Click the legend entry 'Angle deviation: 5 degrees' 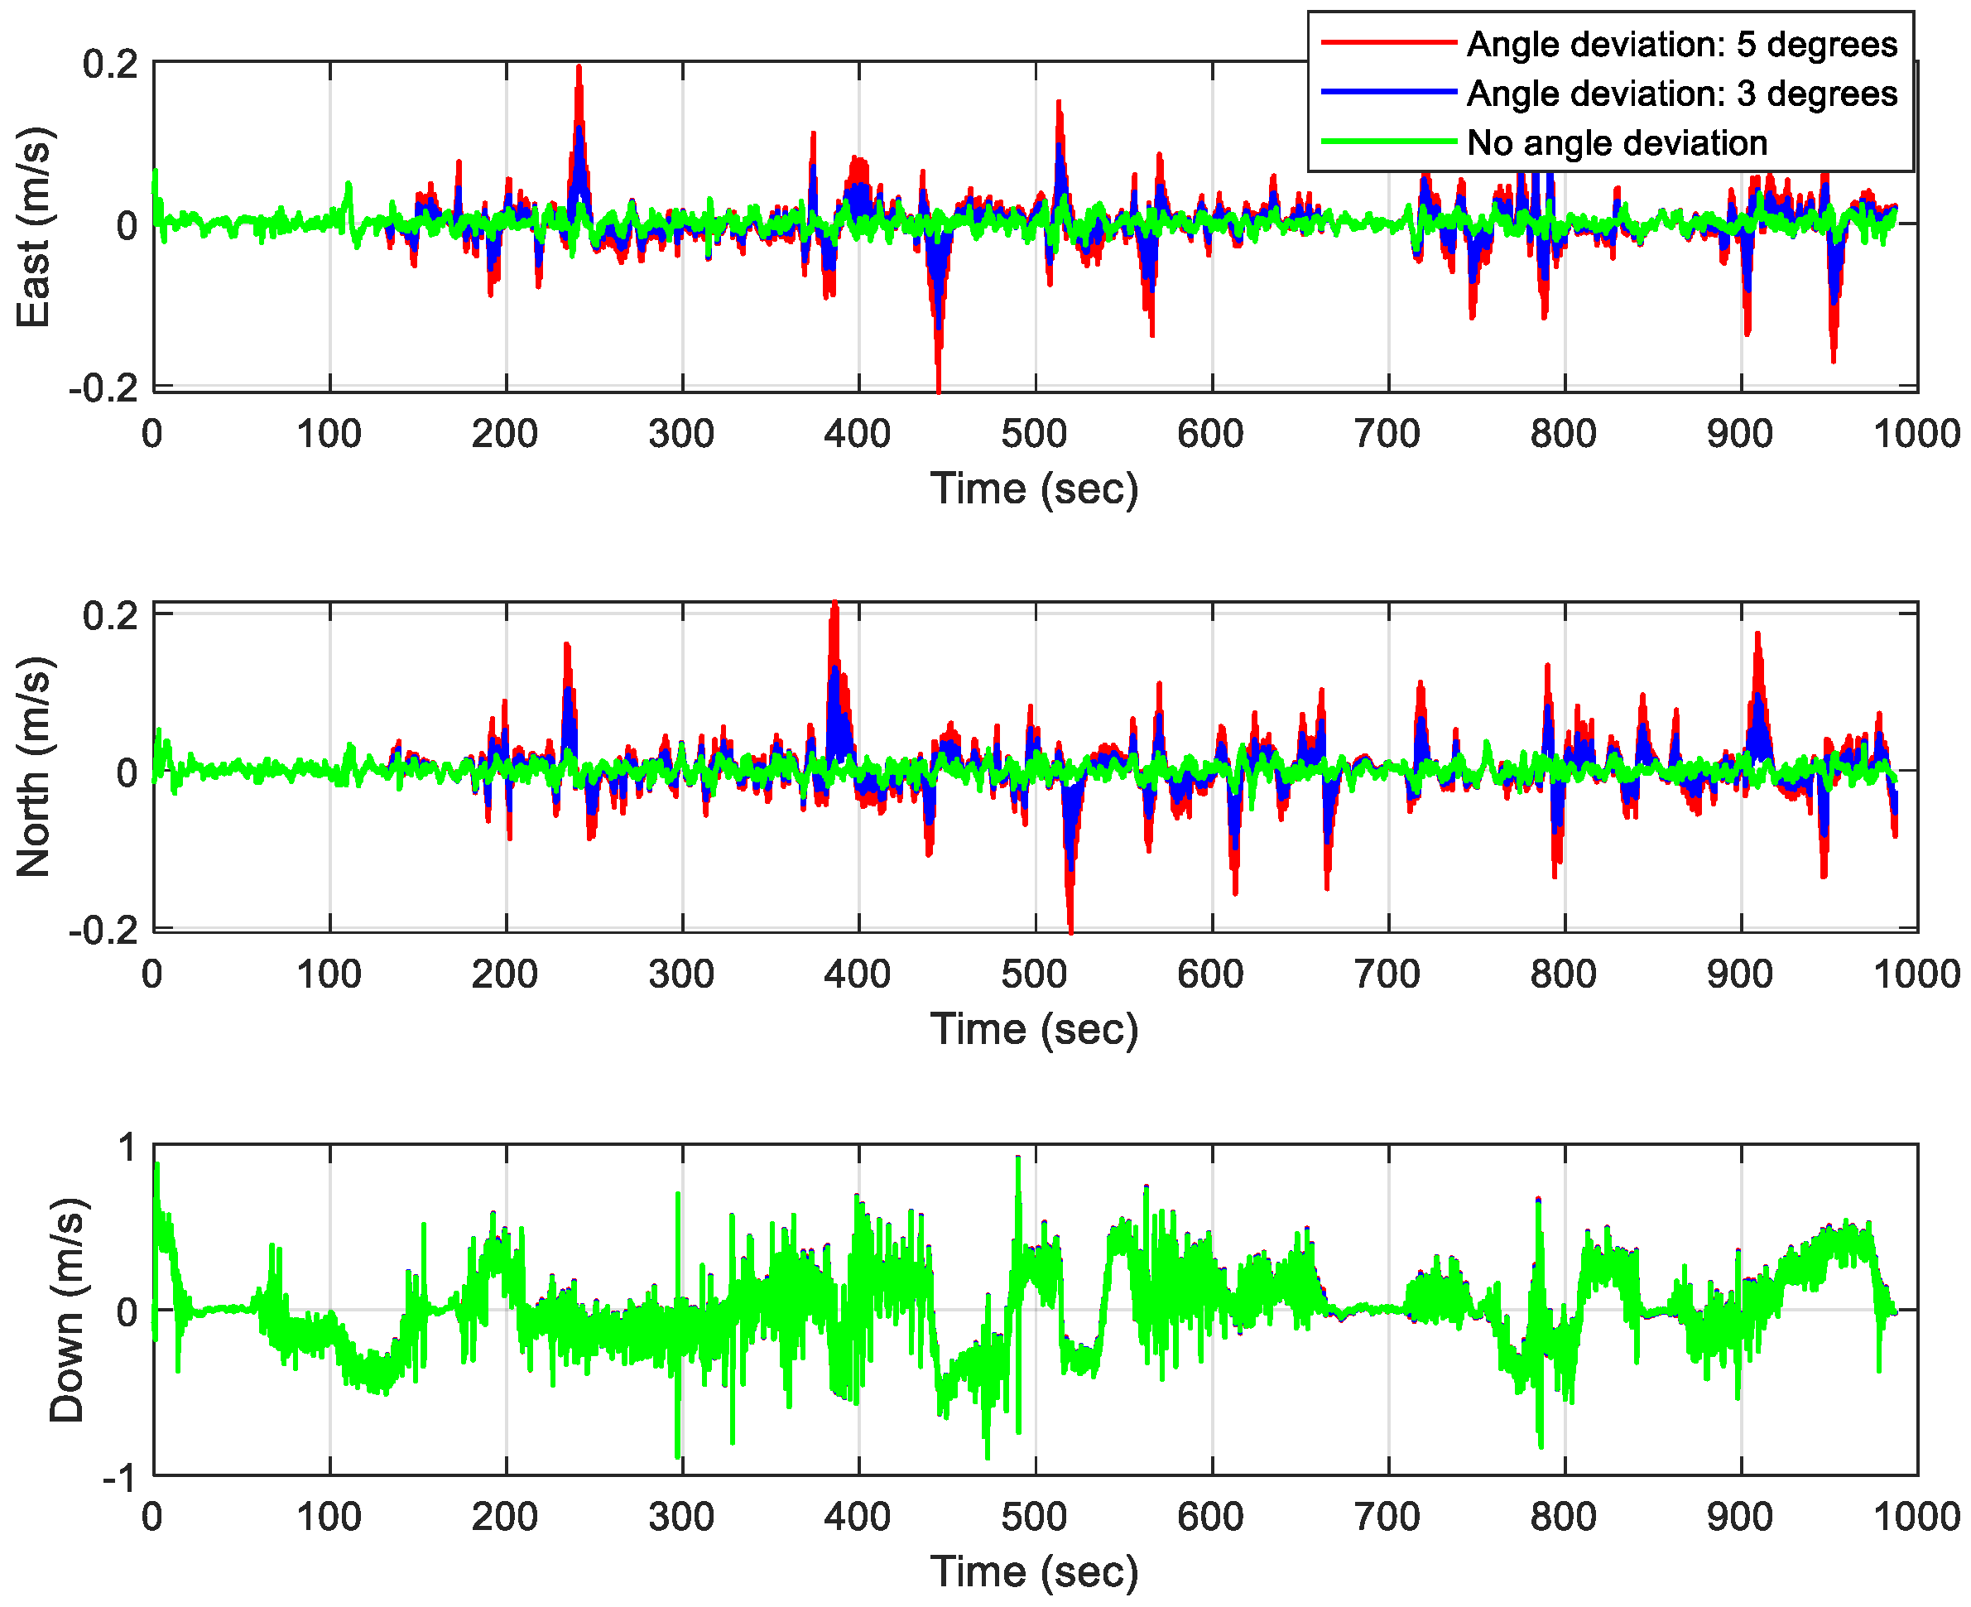[1680, 45]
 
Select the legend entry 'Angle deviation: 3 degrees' [1680, 94]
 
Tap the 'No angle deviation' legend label [1616, 142]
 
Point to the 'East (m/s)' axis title [33, 227]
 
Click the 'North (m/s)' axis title [33, 767]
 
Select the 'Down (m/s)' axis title [66, 1310]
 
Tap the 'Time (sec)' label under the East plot [1034, 488]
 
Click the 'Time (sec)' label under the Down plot [1034, 1571]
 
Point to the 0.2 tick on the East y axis [110, 64]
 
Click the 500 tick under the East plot [1034, 433]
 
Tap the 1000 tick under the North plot [1916, 974]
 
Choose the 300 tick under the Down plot [681, 1516]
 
